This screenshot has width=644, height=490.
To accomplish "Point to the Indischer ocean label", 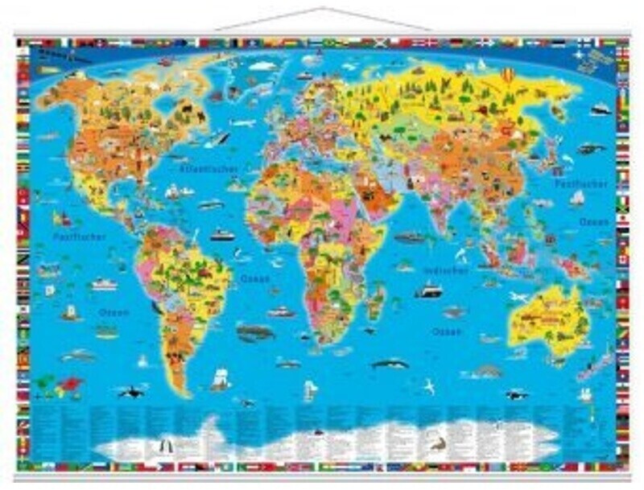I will click(x=445, y=271).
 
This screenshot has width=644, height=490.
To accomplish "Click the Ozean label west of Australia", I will click(x=446, y=331).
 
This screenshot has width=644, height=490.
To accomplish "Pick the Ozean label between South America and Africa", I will click(x=255, y=279).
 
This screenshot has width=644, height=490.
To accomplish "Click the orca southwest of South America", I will click(x=128, y=392).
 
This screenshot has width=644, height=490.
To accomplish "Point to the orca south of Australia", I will click(x=516, y=394).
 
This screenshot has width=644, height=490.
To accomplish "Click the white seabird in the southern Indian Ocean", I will click(x=429, y=388).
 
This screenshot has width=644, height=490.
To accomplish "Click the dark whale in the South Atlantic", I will click(x=254, y=331).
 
